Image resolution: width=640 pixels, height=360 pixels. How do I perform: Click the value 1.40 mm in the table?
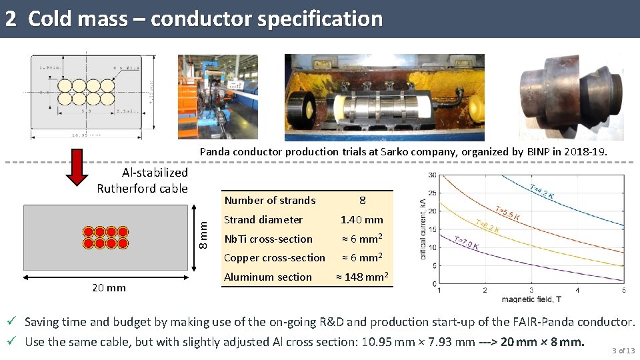pos(362,220)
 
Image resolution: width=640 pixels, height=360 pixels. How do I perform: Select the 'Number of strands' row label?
pos(270,201)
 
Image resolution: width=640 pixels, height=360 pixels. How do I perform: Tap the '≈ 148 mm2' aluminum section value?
pos(362,277)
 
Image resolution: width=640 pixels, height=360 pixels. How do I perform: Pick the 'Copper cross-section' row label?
pos(275,258)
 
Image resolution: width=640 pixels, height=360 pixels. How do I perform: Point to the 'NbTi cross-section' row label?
pos(268,239)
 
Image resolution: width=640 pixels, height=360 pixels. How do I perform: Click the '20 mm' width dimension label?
pos(108,288)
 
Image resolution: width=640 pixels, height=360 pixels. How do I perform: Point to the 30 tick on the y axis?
pos(433,175)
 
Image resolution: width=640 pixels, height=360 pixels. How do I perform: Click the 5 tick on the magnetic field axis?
pos(623,291)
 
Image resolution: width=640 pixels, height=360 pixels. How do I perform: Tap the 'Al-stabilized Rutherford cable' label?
pos(143,181)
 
